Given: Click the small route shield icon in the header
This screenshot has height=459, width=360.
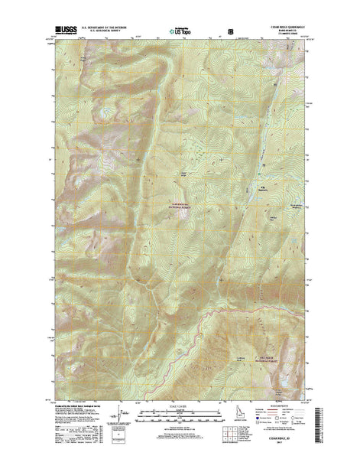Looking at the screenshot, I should (230, 31).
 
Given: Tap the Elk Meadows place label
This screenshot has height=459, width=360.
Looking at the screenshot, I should (259, 187).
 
